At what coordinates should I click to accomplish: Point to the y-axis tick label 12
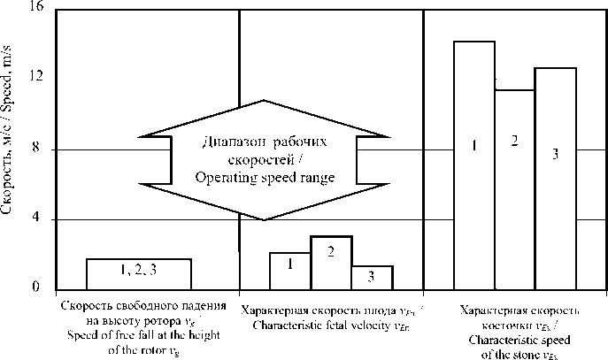pos(35,79)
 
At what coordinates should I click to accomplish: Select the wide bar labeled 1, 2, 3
pos(139,272)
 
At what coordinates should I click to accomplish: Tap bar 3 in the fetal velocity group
pos(373,277)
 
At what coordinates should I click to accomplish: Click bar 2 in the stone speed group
pos(514,188)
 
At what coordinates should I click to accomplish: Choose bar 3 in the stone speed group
pos(555,178)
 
